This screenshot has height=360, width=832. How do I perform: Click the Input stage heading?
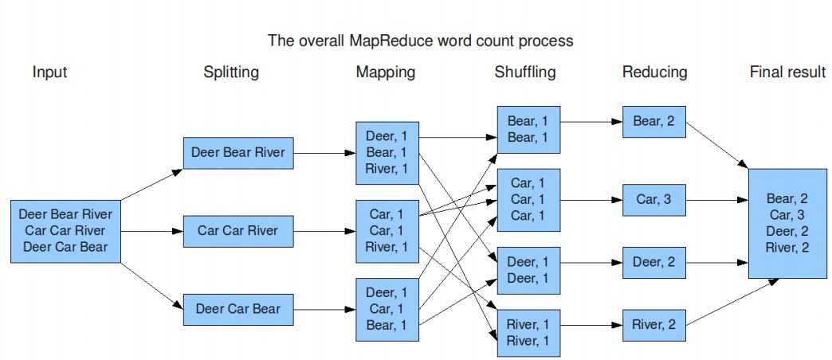click(x=49, y=72)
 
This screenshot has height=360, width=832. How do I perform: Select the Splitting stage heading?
click(x=230, y=72)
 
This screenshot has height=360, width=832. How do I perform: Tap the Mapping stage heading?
click(x=385, y=72)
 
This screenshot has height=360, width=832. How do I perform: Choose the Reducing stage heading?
click(x=654, y=72)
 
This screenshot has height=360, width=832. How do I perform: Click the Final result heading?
click(x=787, y=72)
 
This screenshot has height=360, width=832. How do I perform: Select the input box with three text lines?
click(x=65, y=231)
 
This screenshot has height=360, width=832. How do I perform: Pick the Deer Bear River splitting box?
click(x=239, y=153)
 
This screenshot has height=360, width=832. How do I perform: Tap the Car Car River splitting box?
click(x=239, y=231)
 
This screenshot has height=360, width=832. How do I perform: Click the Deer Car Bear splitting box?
click(x=239, y=309)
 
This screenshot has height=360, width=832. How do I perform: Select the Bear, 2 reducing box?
click(x=653, y=122)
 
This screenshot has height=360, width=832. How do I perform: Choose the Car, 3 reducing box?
click(x=653, y=199)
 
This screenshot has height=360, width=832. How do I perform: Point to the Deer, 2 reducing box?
click(x=653, y=262)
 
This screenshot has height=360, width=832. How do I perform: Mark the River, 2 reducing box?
click(x=653, y=324)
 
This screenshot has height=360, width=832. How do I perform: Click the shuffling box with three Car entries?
click(x=528, y=199)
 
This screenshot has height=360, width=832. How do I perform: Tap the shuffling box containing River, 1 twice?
click(x=528, y=332)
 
